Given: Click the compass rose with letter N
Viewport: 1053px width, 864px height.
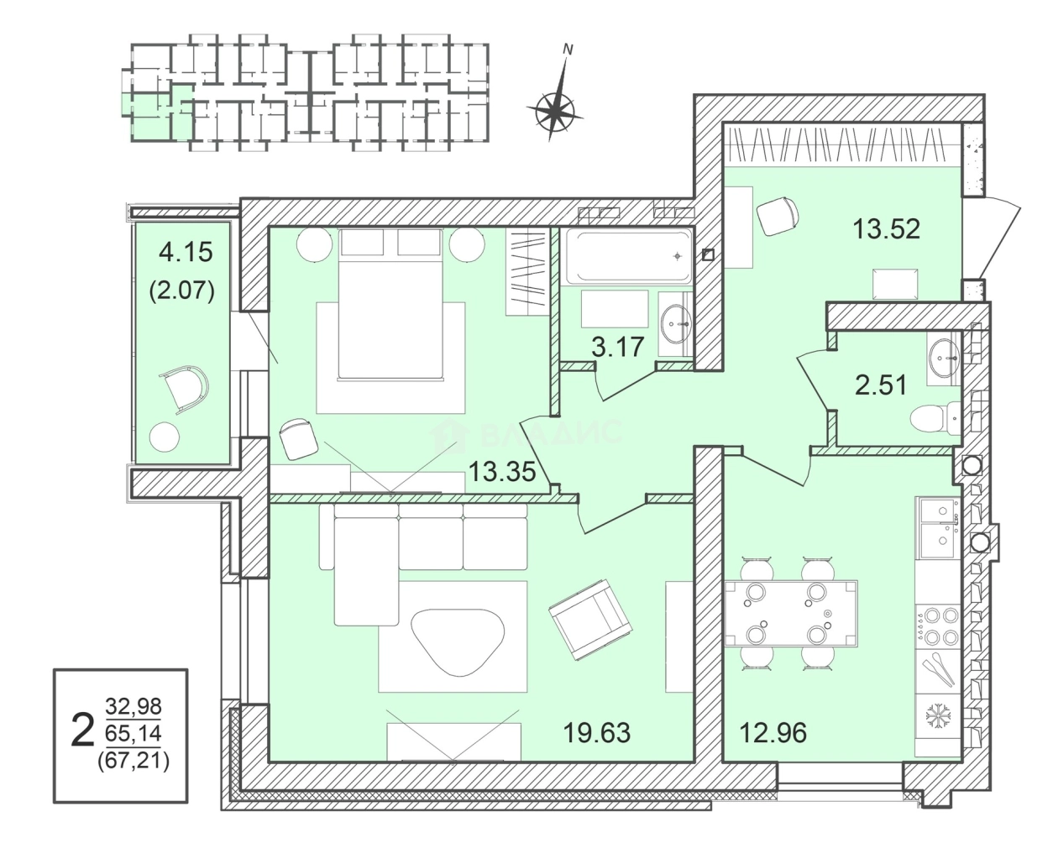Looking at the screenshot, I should pos(554,107).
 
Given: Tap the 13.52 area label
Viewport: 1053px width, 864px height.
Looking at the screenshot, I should pos(886,228).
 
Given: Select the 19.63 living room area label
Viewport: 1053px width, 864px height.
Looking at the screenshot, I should pos(596,733).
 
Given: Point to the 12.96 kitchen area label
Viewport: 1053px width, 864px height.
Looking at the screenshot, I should pos(773,733).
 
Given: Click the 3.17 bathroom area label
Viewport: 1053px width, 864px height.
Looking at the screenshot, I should pos(617,346).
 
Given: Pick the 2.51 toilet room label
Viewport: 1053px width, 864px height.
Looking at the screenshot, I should pos(881,385).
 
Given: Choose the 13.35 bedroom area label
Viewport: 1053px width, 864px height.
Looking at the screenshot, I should pos(502,472).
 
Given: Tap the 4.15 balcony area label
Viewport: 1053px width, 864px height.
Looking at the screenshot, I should pos(186,250).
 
